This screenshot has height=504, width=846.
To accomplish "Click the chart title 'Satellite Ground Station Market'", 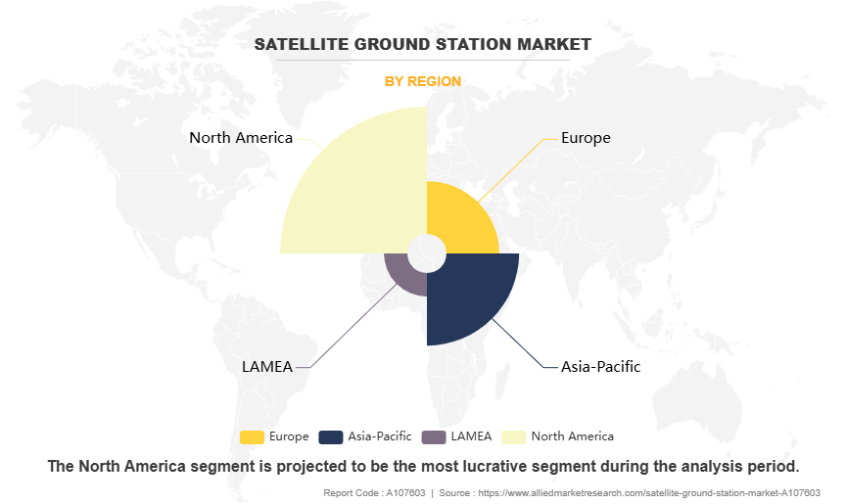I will point(422,44).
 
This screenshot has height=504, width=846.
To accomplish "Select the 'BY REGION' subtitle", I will point(422,81).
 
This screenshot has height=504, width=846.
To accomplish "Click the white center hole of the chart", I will point(426,253).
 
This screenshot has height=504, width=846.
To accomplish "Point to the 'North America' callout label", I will point(241,138).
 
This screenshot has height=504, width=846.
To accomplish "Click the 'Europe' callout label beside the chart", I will point(586,138).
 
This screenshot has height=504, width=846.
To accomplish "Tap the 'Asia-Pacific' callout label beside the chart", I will point(600,367).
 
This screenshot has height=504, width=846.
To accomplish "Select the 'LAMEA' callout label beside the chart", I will point(266,367).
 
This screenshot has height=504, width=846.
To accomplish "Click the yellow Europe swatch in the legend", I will point(252,436).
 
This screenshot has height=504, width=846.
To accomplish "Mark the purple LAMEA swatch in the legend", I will point(433,436).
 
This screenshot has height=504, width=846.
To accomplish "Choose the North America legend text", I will point(572,436).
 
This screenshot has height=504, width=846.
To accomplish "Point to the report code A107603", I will point(402,492).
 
